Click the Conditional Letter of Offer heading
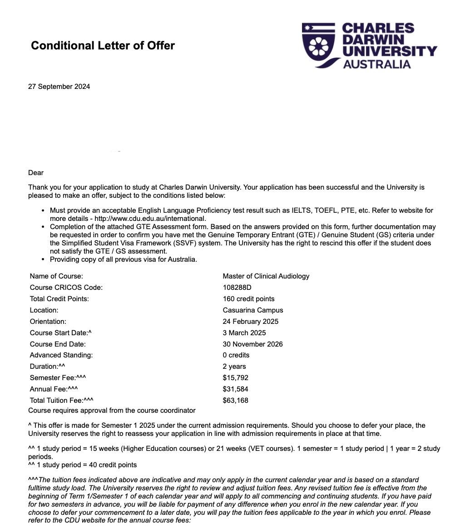click(103, 46)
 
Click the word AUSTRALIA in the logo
click(376, 64)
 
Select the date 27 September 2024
click(59, 87)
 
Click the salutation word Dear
click(36, 173)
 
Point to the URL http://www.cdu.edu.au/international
click(150, 219)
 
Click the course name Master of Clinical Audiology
click(266, 276)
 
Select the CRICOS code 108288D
click(237, 288)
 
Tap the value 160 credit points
click(248, 299)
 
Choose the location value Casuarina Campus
click(252, 310)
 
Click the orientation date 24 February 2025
click(250, 322)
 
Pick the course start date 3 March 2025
click(244, 333)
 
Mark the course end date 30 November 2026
click(252, 344)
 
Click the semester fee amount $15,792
click(235, 378)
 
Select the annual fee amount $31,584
click(235, 389)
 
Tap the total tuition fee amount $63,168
click(235, 401)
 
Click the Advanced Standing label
click(61, 355)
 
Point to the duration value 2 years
click(234, 367)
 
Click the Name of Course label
click(56, 276)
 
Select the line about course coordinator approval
click(112, 411)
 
